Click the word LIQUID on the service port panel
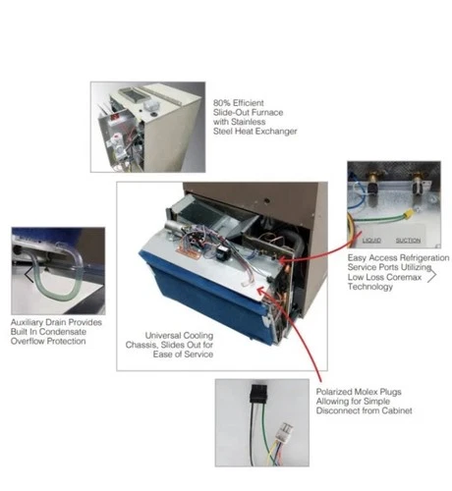(371, 241)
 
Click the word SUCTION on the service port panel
(408, 241)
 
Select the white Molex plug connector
(285, 430)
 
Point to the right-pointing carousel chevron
(432, 275)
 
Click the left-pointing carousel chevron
(28, 274)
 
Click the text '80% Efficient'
(239, 103)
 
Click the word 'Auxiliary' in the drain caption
(27, 322)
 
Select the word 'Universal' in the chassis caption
(162, 336)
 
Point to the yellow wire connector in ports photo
(408, 215)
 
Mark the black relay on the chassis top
(222, 251)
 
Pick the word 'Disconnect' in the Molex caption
(337, 410)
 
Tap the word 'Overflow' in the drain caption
(26, 341)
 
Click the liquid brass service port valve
(372, 187)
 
